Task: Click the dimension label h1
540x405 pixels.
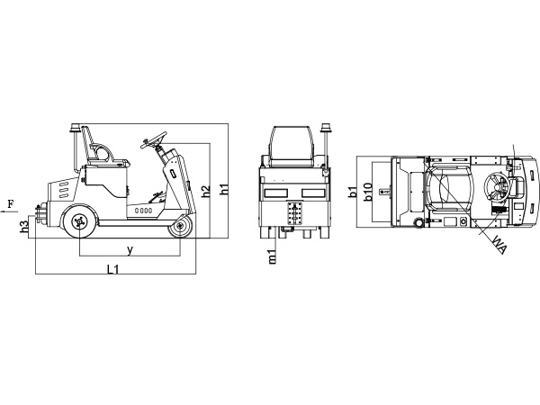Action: coord(224,189)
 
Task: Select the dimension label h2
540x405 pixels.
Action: coord(205,192)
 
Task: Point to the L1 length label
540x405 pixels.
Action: coord(113,268)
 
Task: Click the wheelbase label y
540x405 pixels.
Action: coord(130,250)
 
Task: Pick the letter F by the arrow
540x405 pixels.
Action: coord(11,204)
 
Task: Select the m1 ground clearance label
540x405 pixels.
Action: coord(273,256)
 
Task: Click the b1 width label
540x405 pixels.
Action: coord(352,192)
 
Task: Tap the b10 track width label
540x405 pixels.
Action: coord(368,192)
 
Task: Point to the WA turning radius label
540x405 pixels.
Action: coord(499,244)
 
